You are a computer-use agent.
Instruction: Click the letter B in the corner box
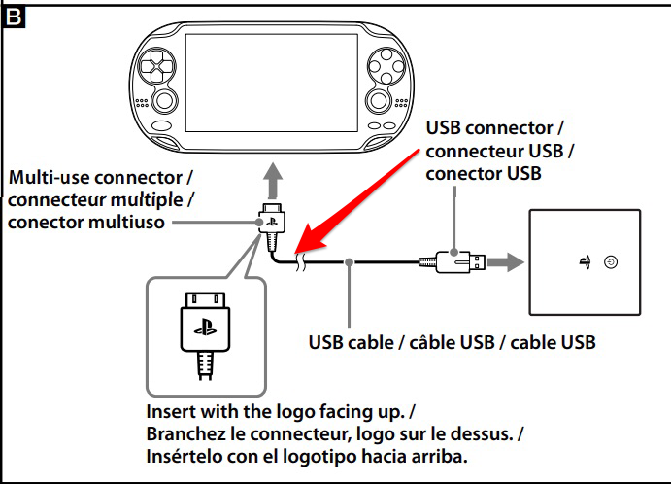click(x=13, y=17)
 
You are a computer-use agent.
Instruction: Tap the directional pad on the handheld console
click(x=155, y=66)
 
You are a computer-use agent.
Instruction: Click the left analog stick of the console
click(x=164, y=101)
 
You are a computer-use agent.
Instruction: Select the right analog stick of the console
click(x=379, y=100)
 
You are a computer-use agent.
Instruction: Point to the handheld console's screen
click(x=271, y=83)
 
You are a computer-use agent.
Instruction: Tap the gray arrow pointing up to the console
click(x=273, y=181)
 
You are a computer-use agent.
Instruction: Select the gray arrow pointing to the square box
click(x=505, y=261)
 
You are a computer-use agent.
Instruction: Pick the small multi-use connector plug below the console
click(x=272, y=226)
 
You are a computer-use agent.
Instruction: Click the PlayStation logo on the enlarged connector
click(x=206, y=327)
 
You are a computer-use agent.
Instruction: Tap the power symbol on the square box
click(x=611, y=261)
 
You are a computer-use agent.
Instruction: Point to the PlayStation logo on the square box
click(x=585, y=261)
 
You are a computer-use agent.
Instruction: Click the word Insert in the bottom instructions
click(x=171, y=412)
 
